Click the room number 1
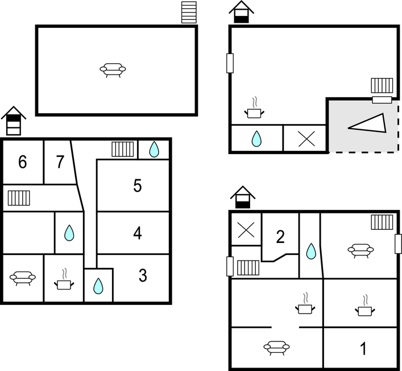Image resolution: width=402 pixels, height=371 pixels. [364, 348]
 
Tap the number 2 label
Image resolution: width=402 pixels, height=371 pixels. [280, 237]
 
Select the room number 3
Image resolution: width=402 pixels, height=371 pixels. [143, 276]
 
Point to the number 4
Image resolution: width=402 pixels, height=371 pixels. [138, 233]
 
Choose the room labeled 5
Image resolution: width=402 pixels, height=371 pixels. [138, 186]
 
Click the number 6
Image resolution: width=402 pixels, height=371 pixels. [22, 162]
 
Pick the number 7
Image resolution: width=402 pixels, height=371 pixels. [60, 162]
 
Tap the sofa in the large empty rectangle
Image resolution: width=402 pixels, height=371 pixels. [113, 69]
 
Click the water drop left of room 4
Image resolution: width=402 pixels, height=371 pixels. [69, 233]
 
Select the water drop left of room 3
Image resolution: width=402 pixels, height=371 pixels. [98, 285]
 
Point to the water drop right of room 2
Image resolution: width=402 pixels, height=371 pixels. [310, 251]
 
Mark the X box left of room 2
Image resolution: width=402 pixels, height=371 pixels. [246, 229]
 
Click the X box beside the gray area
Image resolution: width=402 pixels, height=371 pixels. [305, 138]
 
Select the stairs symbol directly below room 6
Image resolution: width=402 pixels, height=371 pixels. [19, 198]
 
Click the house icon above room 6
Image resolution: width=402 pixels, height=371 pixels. [14, 120]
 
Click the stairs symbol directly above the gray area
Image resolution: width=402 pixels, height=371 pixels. [382, 86]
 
